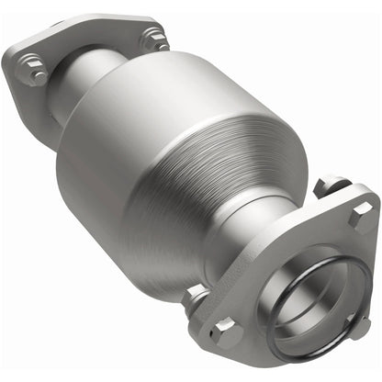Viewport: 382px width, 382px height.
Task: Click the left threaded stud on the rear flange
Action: point(34,72)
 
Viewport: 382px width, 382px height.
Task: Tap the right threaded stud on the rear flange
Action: point(153,39)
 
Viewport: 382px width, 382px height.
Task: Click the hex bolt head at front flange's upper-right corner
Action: point(361,213)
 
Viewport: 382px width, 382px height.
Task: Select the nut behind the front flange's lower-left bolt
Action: point(196,296)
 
